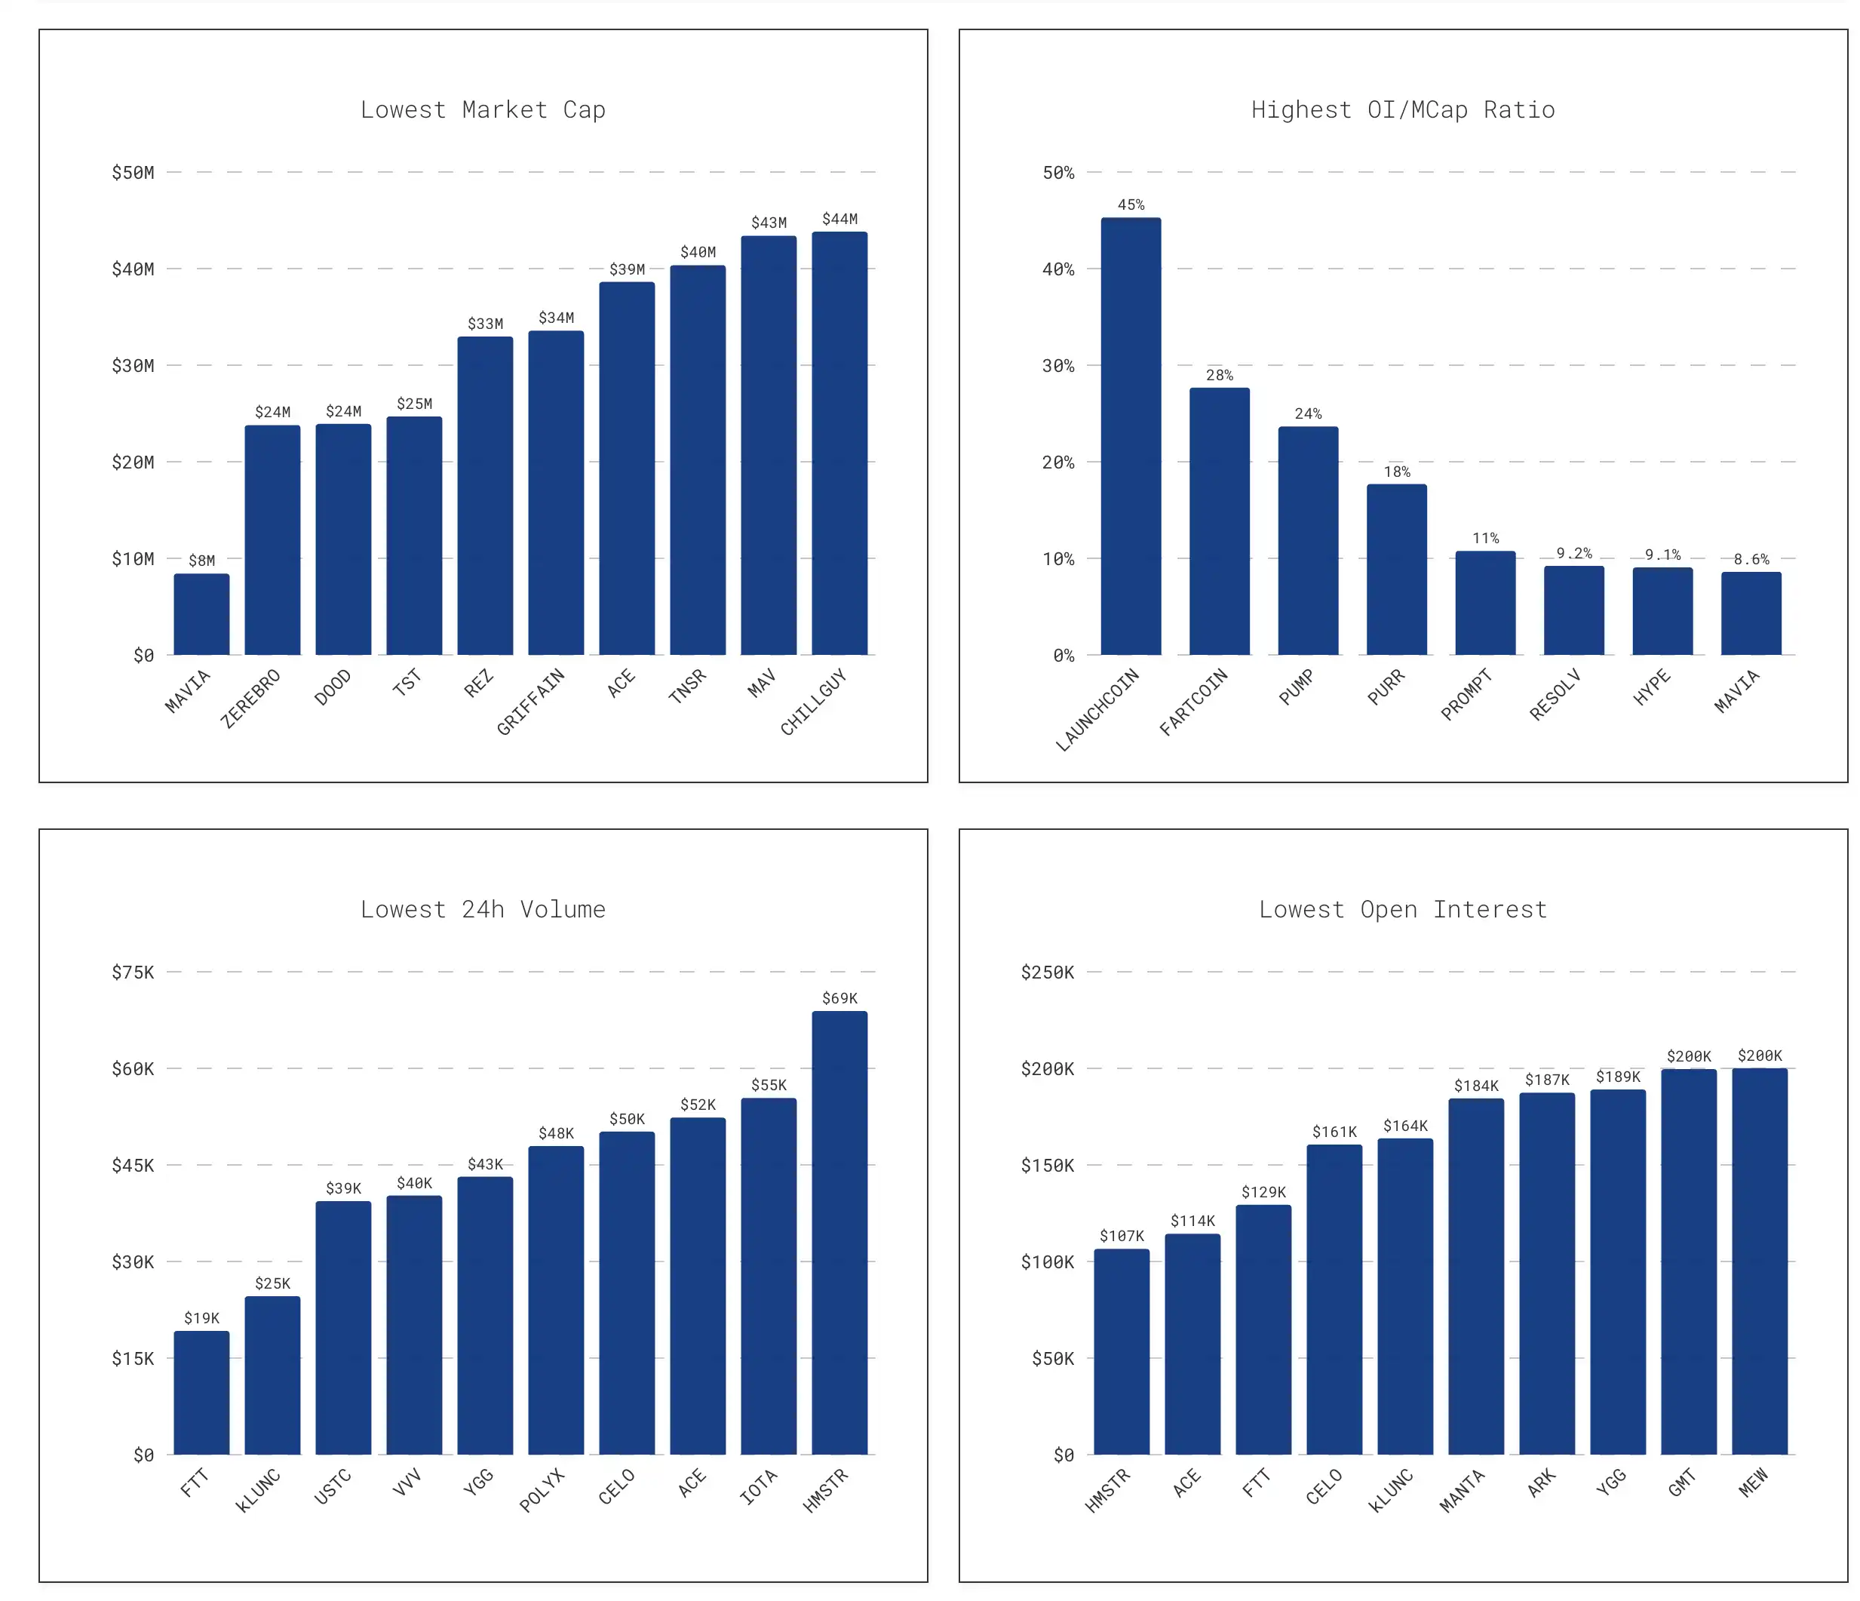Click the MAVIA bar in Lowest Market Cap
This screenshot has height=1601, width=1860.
coord(201,614)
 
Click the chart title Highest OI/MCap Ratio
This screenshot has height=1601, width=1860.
coord(1402,109)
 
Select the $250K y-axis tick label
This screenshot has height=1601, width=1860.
coord(1047,972)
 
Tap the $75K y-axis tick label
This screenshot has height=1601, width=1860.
coord(133,972)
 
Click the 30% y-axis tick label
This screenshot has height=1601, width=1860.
coord(1058,365)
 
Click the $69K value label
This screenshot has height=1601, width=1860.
coord(839,997)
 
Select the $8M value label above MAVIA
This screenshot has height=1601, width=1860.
coord(201,561)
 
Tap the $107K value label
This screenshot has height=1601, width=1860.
coord(1122,1236)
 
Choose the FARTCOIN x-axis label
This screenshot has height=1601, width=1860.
coord(1193,701)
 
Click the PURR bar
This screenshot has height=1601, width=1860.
coord(1396,570)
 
